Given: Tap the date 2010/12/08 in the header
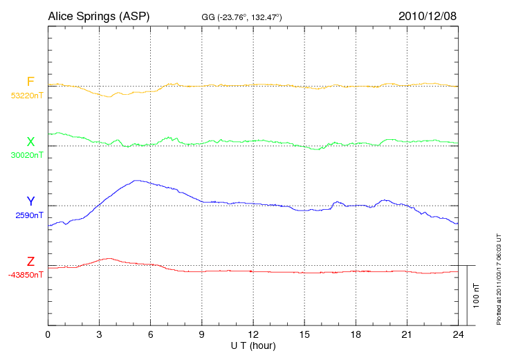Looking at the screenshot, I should [428, 15].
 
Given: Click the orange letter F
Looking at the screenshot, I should [30, 82].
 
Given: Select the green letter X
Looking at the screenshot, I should [30, 142].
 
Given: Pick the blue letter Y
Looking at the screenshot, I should [30, 201].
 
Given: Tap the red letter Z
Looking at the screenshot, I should [30, 262].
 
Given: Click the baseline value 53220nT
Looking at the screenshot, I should [26, 96].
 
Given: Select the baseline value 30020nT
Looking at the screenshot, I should [26, 155].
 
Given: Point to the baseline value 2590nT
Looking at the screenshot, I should [29, 215].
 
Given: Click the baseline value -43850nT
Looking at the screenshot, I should [26, 275].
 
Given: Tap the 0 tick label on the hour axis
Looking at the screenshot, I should [48, 335].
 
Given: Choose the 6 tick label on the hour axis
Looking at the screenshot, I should [150, 335].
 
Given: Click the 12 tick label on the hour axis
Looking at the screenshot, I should [252, 335].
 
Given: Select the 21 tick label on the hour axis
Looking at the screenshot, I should [406, 335].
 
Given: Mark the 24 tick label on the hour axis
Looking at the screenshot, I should [457, 335].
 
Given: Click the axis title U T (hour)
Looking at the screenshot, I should [252, 345].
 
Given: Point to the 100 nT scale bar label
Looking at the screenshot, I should [477, 296].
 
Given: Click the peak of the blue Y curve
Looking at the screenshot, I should [136, 180].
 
